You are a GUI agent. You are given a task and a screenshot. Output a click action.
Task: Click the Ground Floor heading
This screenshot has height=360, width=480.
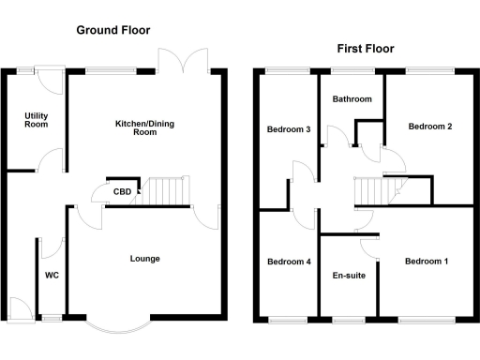coord(113,30)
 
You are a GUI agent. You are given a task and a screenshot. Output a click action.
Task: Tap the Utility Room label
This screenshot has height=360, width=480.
coord(37,120)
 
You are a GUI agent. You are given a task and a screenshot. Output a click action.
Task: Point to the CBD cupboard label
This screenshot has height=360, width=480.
coord(122,192)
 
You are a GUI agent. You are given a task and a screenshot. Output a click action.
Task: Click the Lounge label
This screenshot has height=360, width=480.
coord(144,259)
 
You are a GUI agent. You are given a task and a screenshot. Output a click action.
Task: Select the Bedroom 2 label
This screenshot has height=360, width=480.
coord(430,126)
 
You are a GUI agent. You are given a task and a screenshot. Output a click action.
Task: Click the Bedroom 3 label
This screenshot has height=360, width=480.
coord(288,129)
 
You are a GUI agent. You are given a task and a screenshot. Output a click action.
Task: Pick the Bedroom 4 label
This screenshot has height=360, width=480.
coord(288,262)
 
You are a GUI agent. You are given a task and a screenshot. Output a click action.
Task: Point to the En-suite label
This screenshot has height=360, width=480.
coord(349,276)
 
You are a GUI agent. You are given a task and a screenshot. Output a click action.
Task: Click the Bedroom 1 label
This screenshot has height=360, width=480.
coord(427,262)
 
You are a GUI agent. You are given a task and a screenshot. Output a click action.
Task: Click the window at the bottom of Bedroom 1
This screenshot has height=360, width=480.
coord(427,320)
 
